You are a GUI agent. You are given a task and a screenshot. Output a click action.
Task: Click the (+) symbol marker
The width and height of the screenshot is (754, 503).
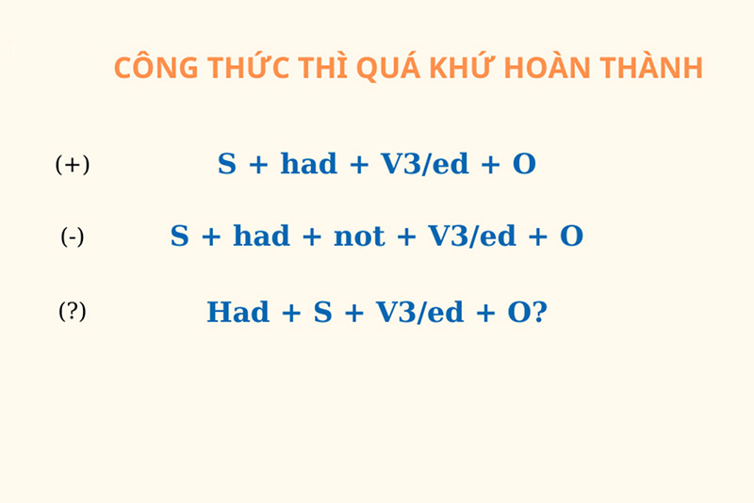(73, 166)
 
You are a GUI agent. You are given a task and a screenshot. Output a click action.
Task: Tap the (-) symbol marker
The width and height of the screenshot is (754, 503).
(73, 237)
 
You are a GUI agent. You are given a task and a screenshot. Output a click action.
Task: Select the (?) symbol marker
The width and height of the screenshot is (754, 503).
(73, 312)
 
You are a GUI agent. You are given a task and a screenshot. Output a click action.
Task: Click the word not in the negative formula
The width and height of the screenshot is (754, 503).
(359, 236)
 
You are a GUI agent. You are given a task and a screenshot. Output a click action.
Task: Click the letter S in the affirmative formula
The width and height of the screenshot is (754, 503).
(227, 165)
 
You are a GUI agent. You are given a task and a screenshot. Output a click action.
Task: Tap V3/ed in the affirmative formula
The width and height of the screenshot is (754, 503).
(424, 165)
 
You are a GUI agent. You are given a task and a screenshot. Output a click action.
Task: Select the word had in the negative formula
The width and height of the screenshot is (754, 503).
(261, 236)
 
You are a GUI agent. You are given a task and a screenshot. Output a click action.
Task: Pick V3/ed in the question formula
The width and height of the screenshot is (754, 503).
(419, 313)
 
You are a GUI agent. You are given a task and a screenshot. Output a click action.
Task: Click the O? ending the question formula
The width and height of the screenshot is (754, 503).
(528, 313)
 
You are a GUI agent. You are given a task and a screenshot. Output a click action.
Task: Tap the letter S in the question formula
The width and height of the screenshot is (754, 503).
(323, 313)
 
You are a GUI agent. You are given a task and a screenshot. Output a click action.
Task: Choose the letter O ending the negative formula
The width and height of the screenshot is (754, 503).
(571, 236)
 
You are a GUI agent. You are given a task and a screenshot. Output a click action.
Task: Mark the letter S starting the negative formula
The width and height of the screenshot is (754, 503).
(179, 236)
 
